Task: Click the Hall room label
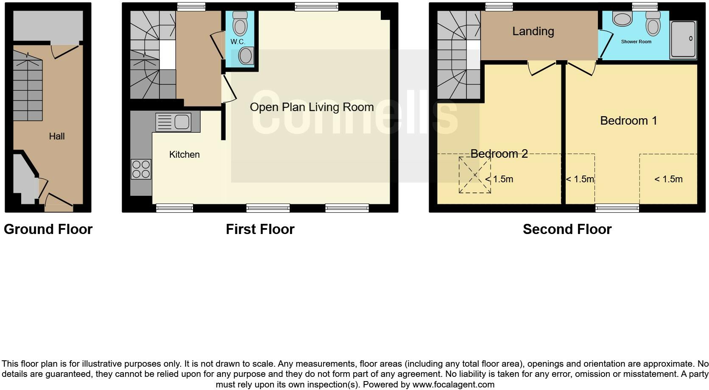(57, 136)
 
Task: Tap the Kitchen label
(184, 154)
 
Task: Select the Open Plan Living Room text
(312, 107)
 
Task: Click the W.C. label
(238, 42)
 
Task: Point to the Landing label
(533, 31)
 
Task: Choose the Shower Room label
(636, 42)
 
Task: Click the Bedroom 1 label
(628, 121)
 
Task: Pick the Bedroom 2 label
(499, 153)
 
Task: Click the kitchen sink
(174, 122)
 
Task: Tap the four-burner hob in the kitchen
(141, 169)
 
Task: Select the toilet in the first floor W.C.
(240, 23)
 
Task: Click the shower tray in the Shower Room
(683, 39)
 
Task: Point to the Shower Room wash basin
(622, 19)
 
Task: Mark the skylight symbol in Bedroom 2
(475, 175)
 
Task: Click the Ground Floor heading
(48, 229)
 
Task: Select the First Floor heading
(260, 229)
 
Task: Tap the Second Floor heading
(567, 229)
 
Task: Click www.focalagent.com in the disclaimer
(453, 384)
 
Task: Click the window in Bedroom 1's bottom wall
(617, 208)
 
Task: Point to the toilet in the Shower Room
(653, 23)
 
